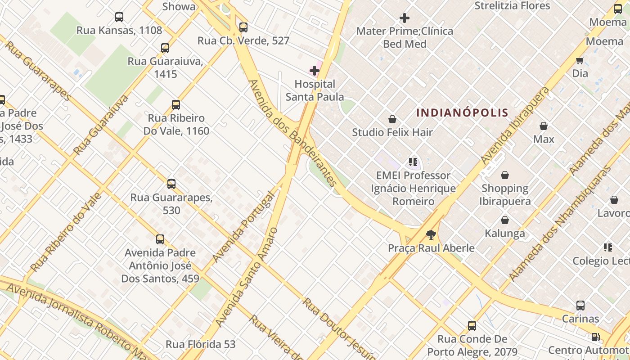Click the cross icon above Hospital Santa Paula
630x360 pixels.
coord(315,71)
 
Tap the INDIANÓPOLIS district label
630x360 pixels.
coord(462,112)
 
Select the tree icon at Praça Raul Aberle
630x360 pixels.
coord(431,234)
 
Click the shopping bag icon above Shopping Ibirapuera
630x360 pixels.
coord(505,175)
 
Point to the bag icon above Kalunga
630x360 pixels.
coord(505,220)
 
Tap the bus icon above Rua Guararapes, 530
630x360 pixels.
coord(171,184)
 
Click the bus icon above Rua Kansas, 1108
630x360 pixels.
coord(119,17)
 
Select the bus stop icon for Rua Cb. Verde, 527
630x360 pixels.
coord(243,27)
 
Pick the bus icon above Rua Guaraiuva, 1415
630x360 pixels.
coord(165,48)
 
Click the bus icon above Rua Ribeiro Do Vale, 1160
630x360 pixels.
coord(176,105)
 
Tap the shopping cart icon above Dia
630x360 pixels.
coord(580,60)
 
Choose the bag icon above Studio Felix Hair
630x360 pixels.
coord(392,119)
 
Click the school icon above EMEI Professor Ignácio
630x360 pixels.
coord(413,162)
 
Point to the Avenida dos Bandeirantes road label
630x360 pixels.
coord(292,133)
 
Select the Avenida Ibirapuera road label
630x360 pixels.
coord(515,126)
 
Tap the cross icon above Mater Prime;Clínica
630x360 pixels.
coord(405,18)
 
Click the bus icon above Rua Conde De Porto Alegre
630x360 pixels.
coord(472,325)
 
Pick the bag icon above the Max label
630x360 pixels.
coord(544,126)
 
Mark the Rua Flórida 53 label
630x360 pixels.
coord(201,344)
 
